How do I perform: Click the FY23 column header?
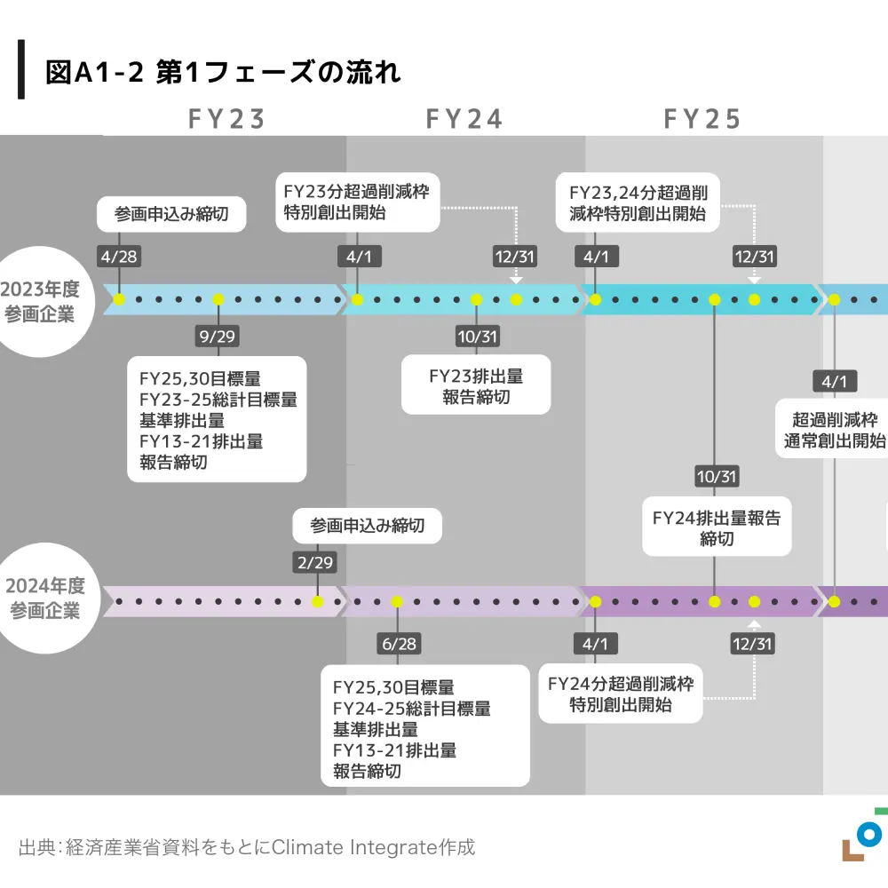tap(226, 119)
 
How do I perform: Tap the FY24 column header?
tap(464, 119)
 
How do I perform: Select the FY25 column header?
tap(702, 119)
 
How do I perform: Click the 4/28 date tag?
tap(119, 257)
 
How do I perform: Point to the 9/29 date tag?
tap(218, 337)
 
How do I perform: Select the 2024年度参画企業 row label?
tap(44, 599)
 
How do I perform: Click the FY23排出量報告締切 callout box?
tap(476, 385)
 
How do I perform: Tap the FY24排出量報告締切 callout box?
tap(717, 527)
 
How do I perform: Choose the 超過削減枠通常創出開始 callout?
tap(835, 430)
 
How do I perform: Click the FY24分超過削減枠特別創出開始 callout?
tap(621, 694)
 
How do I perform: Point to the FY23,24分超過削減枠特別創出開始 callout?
tap(638, 202)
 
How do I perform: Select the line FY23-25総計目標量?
tap(218, 399)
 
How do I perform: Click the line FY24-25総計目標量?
tap(411, 708)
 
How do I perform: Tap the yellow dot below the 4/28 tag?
tap(119, 299)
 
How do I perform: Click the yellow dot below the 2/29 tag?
tap(317, 601)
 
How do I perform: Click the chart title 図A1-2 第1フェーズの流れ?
tap(223, 72)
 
